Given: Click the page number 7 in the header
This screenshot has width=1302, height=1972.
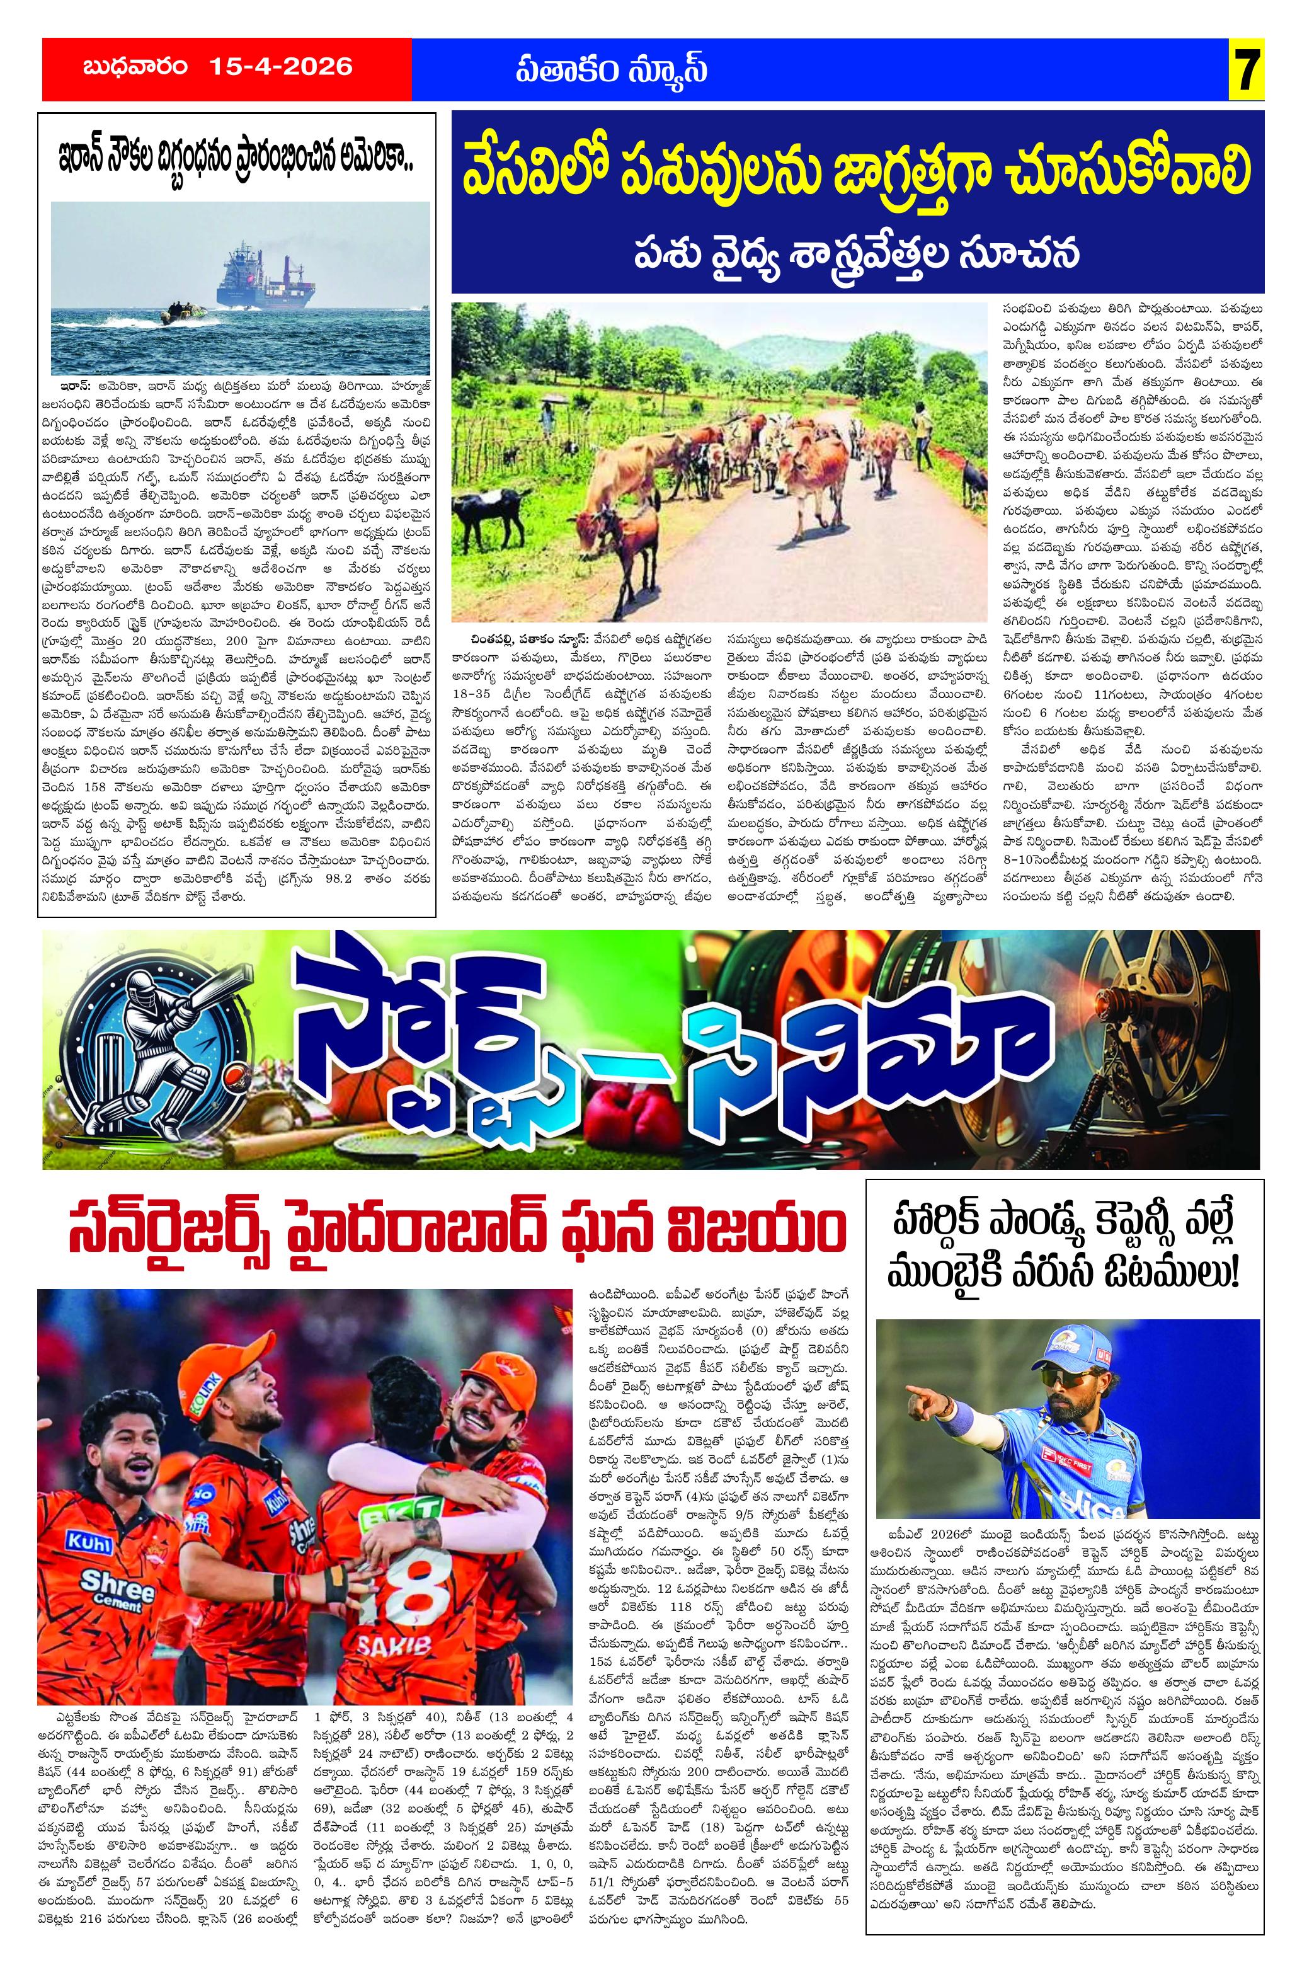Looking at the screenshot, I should pos(1248,68).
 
